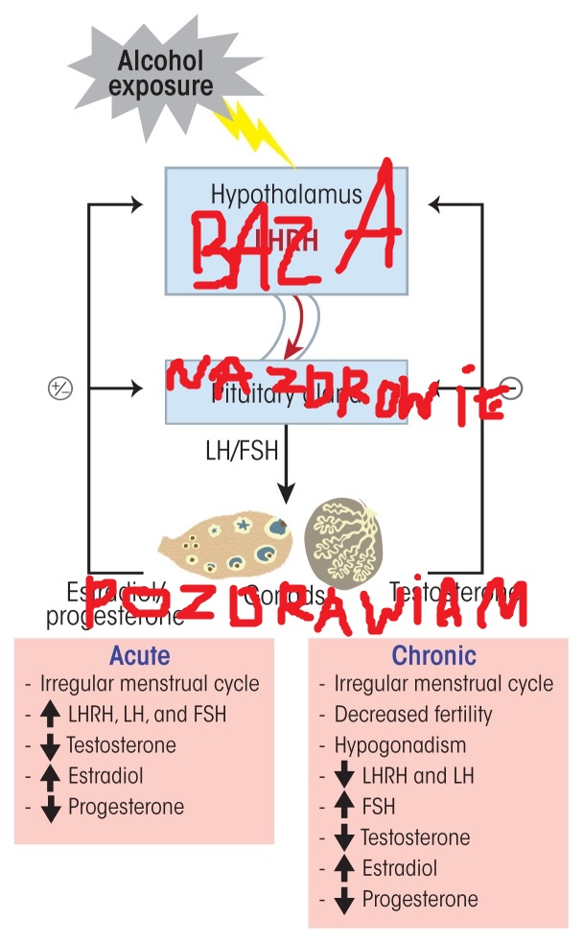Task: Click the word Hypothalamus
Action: (x=287, y=195)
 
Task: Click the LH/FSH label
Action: (x=241, y=449)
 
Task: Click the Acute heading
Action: (x=140, y=656)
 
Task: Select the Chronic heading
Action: (x=433, y=656)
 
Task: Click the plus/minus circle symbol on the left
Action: (x=60, y=389)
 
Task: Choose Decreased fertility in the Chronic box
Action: (x=412, y=715)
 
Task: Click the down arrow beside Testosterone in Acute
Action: (x=52, y=745)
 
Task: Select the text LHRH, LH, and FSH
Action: (x=148, y=715)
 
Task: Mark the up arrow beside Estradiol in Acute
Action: (x=52, y=776)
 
